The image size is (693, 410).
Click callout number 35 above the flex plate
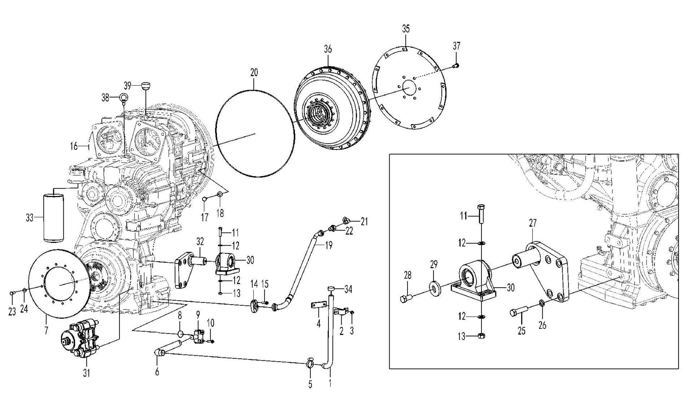tap(406, 29)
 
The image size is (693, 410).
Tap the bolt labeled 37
tap(456, 65)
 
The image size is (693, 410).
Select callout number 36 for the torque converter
tap(328, 49)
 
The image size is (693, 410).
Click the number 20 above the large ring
tap(254, 73)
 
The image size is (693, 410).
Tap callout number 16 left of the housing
tap(74, 146)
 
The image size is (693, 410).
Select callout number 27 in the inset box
tap(532, 223)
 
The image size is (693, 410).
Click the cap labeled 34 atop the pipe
tap(331, 289)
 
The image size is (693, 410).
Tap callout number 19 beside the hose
tap(328, 245)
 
